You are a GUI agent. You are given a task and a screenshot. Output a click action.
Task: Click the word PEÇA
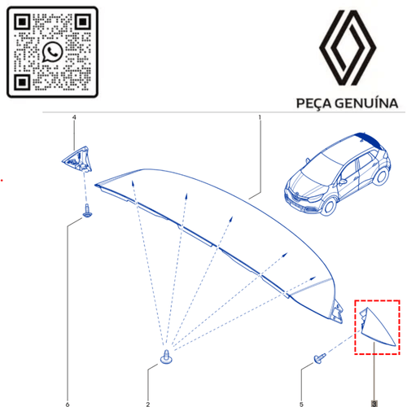tap(309, 104)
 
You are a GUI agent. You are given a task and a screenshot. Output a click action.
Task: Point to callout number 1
tap(260, 118)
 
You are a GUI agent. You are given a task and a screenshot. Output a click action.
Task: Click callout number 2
tap(147, 403)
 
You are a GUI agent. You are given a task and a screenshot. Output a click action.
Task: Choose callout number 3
tap(374, 403)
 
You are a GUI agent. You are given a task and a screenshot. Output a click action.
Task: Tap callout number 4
tap(74, 118)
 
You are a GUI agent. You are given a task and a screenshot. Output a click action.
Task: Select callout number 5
tap(302, 403)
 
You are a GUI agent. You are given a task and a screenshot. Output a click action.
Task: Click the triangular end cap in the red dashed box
tap(376, 328)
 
